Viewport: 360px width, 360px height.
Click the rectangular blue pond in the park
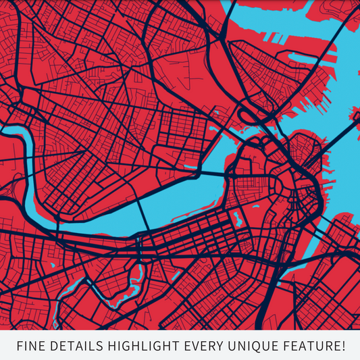[x=237, y=218]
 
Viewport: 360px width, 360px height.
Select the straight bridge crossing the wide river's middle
[x=145, y=214]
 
